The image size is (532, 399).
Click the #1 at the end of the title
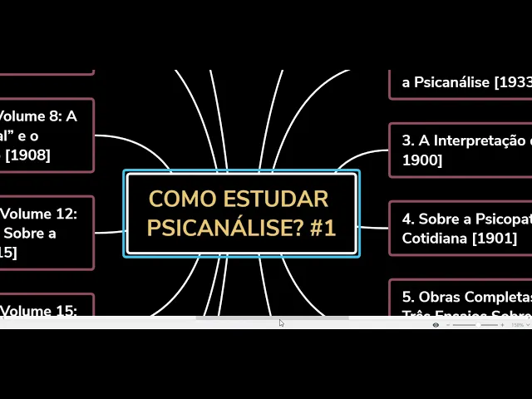point(322,227)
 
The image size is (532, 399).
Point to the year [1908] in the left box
point(27,155)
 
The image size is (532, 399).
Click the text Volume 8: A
point(37,117)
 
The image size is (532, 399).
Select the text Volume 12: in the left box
point(39,214)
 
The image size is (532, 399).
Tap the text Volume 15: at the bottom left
point(39,311)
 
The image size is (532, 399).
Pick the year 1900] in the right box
point(422,160)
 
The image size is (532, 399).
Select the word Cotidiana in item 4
point(436,238)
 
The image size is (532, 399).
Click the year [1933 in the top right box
point(512,82)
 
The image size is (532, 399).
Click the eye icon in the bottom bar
point(436,325)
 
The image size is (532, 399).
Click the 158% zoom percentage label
point(518,325)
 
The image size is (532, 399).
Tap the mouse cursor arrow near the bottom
point(281,323)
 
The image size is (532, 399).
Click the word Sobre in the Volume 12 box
point(37,233)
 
